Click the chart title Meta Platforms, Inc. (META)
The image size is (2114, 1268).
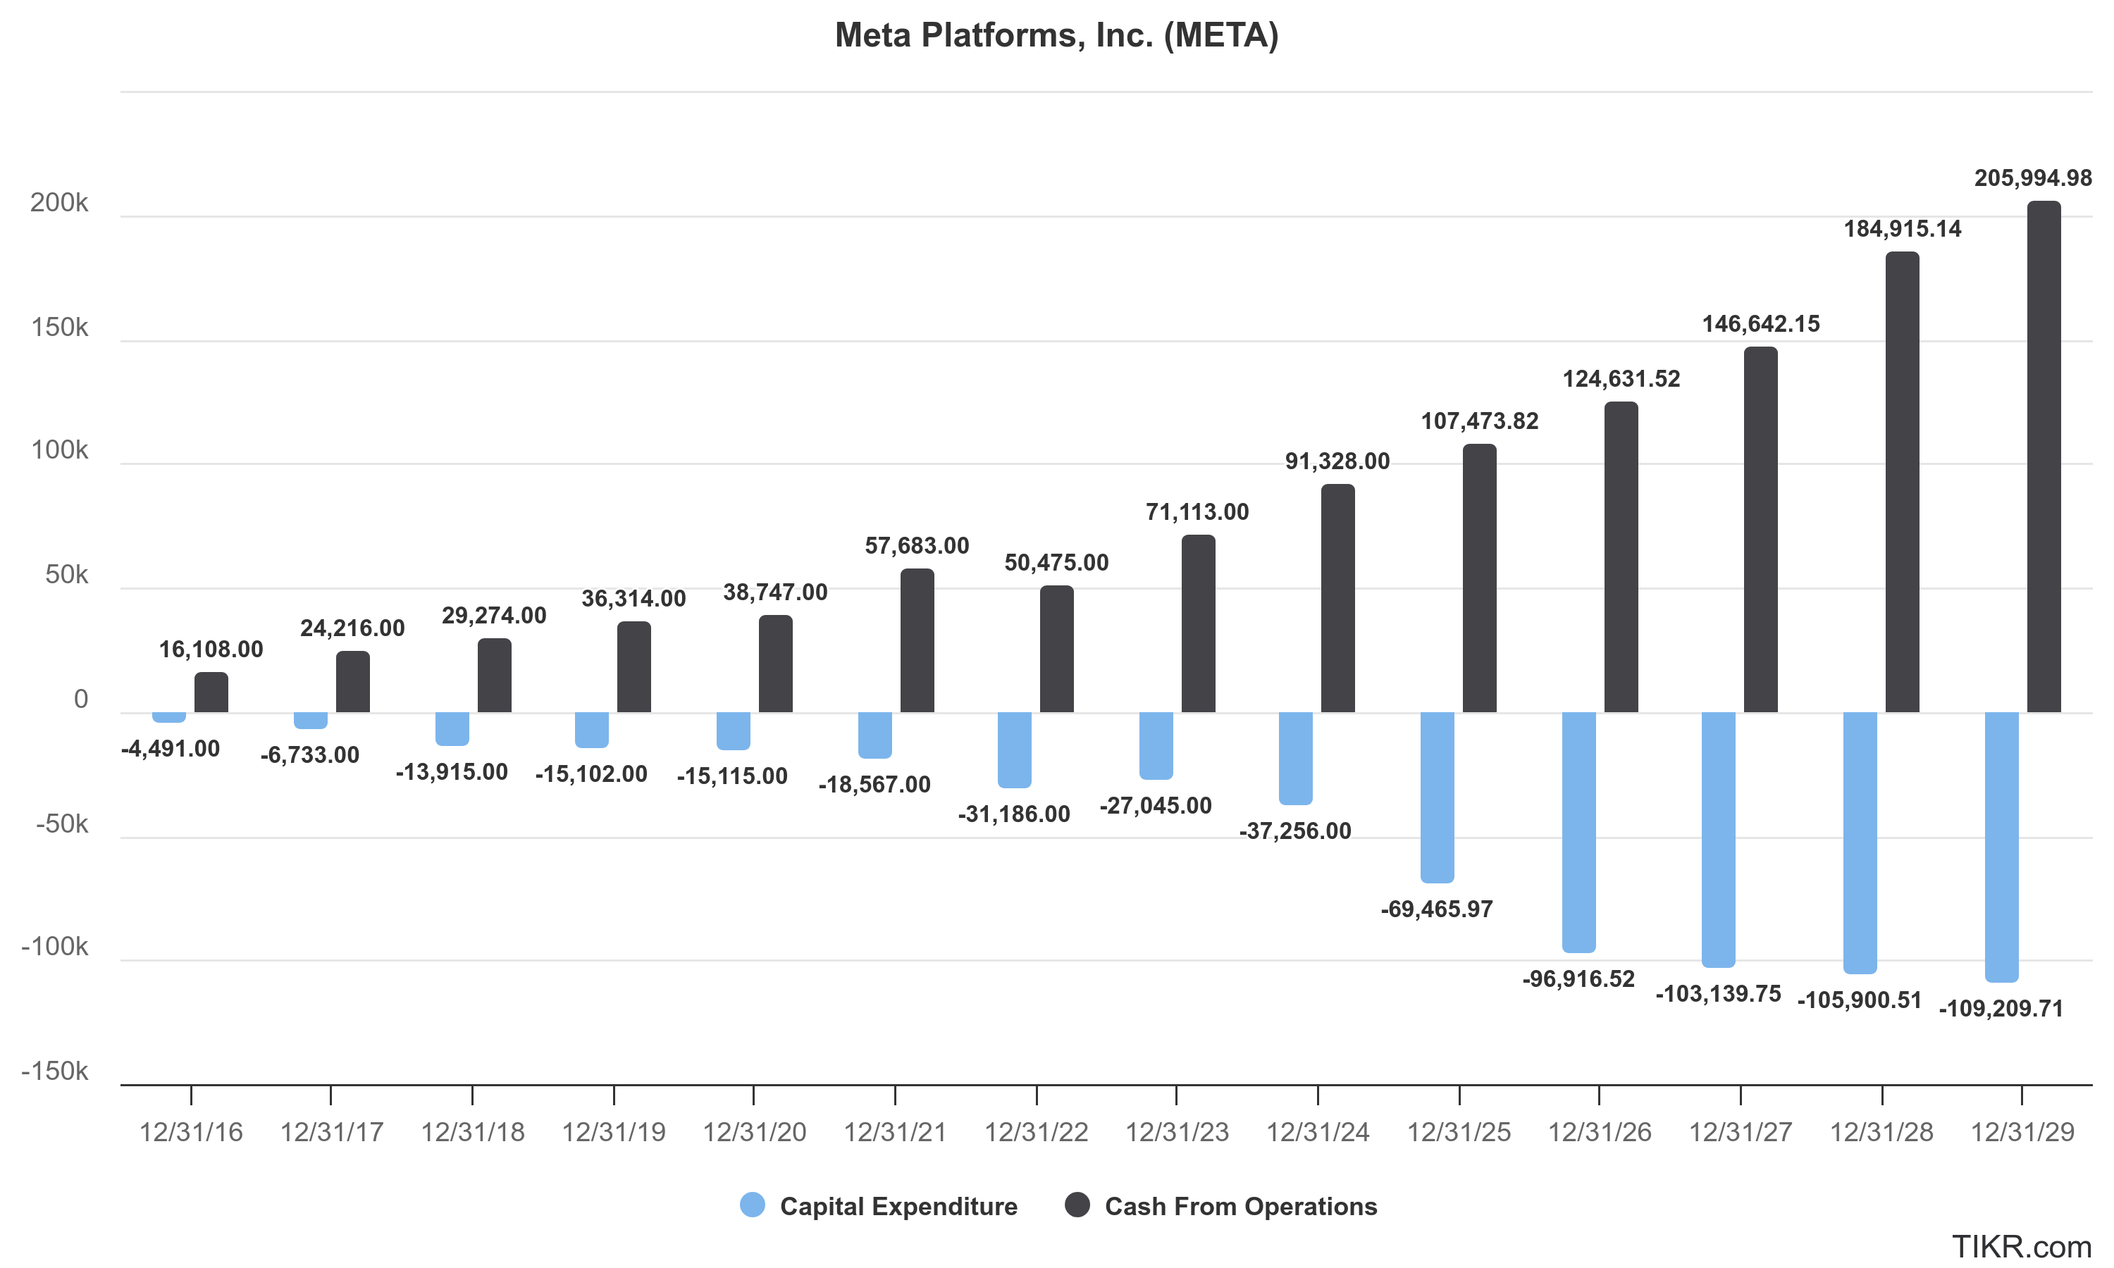tap(1056, 36)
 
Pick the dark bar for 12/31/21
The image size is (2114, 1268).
tap(917, 641)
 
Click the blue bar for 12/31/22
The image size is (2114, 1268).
tap(1014, 750)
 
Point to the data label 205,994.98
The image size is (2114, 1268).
tap(2032, 179)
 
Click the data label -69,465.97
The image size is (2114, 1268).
tap(1436, 909)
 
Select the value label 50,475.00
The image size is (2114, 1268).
tap(1056, 563)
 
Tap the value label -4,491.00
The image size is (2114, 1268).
tap(170, 750)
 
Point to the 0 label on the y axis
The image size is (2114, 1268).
tap(80, 700)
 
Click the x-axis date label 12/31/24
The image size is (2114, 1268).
tap(1317, 1133)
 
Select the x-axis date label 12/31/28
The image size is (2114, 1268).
tap(1881, 1133)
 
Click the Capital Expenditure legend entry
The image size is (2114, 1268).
tap(897, 1207)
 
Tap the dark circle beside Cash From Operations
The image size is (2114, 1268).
tap(1077, 1205)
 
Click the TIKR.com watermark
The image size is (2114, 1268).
tap(2021, 1248)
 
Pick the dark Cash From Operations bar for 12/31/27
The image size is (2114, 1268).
tap(1760, 530)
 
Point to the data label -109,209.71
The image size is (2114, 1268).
tap(2001, 1009)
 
